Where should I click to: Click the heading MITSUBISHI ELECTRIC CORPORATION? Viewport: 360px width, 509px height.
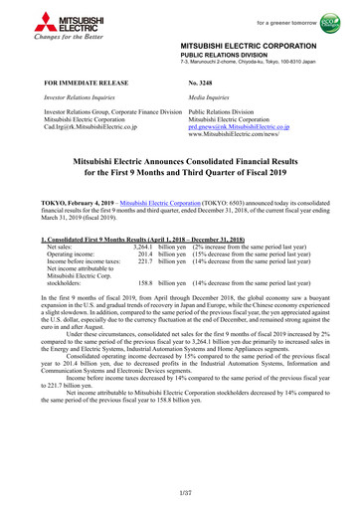point(257,47)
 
